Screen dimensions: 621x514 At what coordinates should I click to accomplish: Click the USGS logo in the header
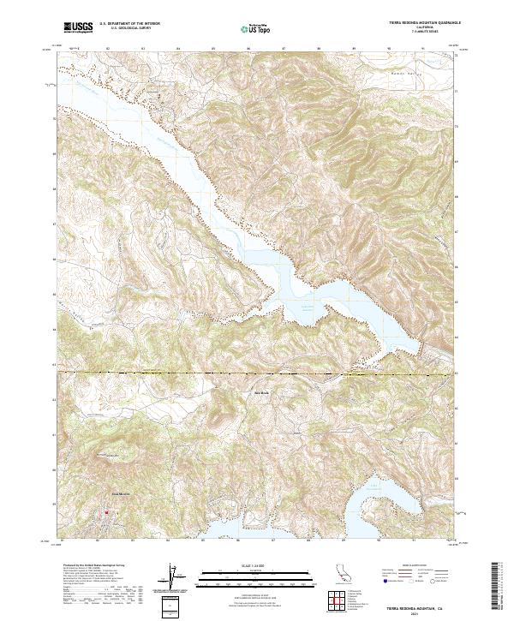click(78, 29)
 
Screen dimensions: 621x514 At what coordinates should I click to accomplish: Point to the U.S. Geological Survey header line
click(129, 30)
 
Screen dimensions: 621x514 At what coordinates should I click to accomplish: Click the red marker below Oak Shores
click(106, 513)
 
